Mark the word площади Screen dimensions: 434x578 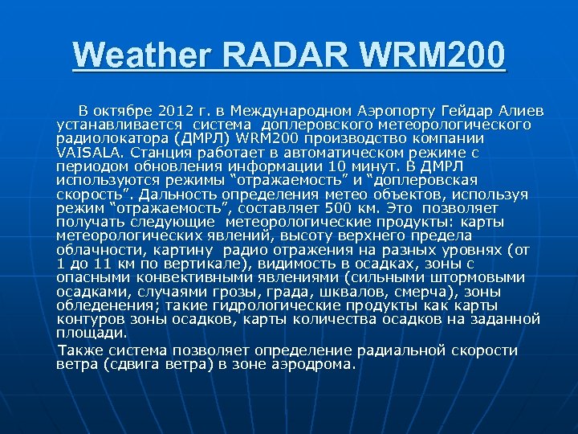(x=91, y=331)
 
